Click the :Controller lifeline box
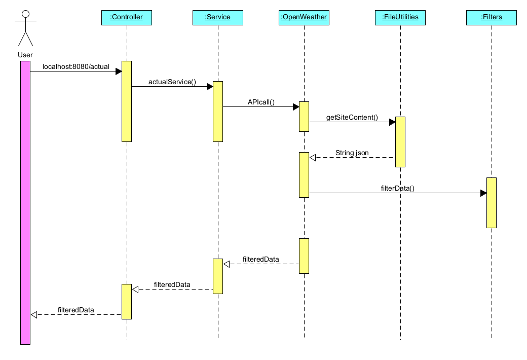pos(126,17)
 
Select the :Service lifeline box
pos(217,17)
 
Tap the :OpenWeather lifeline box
pos(304,17)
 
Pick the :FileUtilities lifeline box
pos(400,17)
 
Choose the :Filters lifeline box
pos(491,17)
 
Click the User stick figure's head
pos(25,14)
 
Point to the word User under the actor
pos(25,55)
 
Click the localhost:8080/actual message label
pos(76,66)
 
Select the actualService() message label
pos(172,82)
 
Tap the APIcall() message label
pos(260,102)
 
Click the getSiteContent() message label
pos(352,117)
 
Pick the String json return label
pos(352,153)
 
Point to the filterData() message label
pos(397,188)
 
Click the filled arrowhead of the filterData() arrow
pos(483,193)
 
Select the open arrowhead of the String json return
pos(313,157)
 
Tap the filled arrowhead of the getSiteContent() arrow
pos(392,122)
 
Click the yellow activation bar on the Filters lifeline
pos(491,203)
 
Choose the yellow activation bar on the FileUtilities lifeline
pos(400,142)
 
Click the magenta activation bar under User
pos(25,203)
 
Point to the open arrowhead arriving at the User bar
pos(34,314)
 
